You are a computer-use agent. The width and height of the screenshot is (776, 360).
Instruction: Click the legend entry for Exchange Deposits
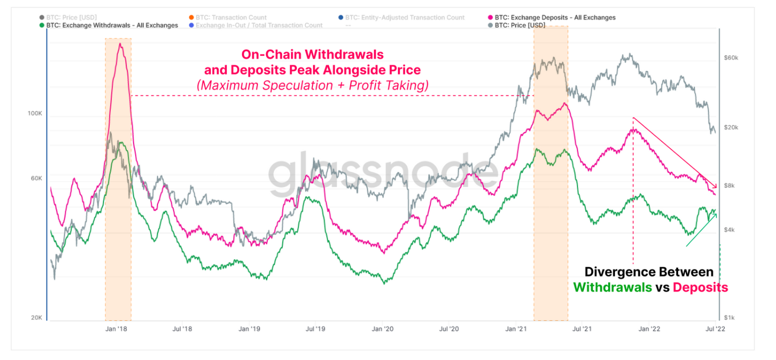pyautogui.click(x=555, y=18)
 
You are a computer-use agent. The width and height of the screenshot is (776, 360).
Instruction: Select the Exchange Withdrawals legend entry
pyautogui.click(x=112, y=25)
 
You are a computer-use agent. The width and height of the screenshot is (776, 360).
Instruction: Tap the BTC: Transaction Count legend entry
pyautogui.click(x=231, y=18)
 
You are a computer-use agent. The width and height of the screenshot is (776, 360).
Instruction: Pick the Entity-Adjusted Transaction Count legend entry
pyautogui.click(x=405, y=18)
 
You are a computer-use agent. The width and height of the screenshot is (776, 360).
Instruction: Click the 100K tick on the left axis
pyautogui.click(x=35, y=113)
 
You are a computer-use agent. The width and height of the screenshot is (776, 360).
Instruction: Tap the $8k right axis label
pyautogui.click(x=729, y=185)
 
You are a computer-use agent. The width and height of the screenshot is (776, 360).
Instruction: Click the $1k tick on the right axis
pyautogui.click(x=729, y=318)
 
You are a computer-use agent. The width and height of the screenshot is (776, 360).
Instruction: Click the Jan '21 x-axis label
pyautogui.click(x=516, y=328)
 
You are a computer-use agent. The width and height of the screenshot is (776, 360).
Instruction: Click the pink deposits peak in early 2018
pyautogui.click(x=120, y=45)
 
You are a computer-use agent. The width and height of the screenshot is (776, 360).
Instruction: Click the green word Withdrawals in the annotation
pyautogui.click(x=612, y=287)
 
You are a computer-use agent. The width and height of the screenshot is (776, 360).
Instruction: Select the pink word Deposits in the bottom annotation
pyautogui.click(x=700, y=287)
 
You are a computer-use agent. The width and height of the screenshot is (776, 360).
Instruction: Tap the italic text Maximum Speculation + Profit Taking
pyautogui.click(x=312, y=85)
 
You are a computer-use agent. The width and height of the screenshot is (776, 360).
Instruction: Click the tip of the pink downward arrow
pyautogui.click(x=716, y=189)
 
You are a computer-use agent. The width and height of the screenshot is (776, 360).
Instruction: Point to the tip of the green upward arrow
pyautogui.click(x=716, y=212)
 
